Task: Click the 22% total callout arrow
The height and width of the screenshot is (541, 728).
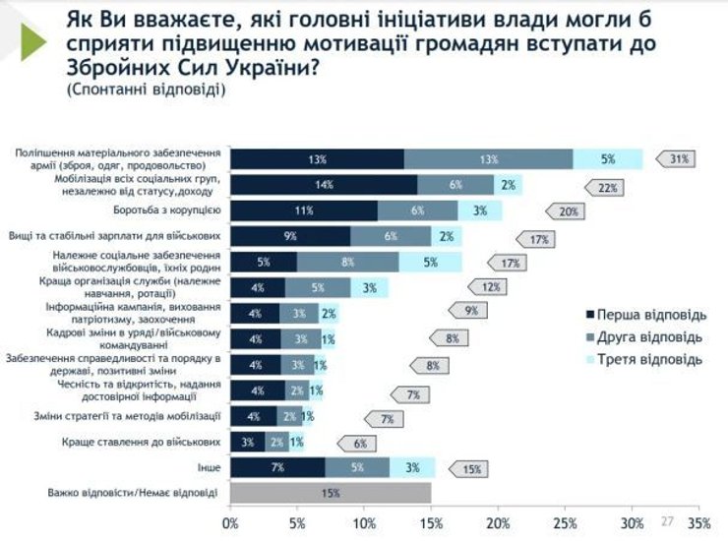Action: click(605, 186)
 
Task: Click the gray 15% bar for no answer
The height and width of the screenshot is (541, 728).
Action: click(331, 492)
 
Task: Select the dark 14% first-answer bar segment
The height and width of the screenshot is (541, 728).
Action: click(324, 185)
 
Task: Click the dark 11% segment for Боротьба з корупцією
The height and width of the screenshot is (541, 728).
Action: click(304, 210)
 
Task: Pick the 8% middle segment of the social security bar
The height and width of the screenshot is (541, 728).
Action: click(347, 262)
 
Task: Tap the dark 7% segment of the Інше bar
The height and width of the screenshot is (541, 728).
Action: click(277, 466)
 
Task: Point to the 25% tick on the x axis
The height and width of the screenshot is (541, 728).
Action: click(566, 522)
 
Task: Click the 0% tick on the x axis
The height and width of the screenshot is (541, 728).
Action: click(230, 522)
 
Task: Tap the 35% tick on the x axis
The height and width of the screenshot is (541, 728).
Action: click(698, 522)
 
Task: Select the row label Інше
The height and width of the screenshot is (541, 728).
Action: click(211, 466)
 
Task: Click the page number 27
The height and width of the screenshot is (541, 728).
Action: click(666, 520)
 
